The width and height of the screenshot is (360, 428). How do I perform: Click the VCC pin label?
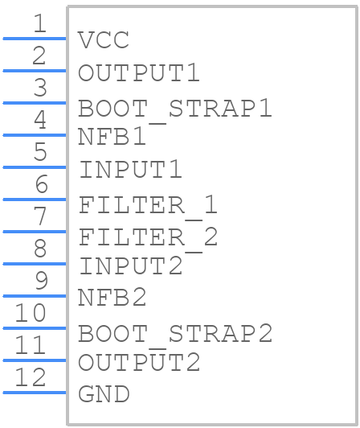pos(104,40)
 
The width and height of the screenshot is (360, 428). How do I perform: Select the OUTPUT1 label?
pos(139,73)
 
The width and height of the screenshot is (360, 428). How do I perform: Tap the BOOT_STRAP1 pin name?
pos(175,109)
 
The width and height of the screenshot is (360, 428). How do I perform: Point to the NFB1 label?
pos(112,137)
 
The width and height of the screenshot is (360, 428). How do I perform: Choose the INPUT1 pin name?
pos(131,169)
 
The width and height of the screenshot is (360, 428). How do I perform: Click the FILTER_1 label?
pos(148,205)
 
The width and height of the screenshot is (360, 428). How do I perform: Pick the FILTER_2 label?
pos(148,238)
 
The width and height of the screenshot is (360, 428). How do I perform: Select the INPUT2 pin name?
pos(131,265)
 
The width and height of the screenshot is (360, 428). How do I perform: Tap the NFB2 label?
pos(112,298)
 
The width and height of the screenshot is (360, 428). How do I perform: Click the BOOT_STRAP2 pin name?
pos(175,335)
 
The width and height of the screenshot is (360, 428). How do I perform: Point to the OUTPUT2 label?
pos(139,362)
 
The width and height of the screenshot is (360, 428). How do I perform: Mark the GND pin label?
pos(104,394)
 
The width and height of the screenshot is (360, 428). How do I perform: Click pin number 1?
pos(40,23)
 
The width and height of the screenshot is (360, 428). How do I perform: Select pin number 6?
pos(42,184)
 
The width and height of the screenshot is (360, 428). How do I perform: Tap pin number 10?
pos(31,313)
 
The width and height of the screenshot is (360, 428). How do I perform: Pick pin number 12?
pos(31,377)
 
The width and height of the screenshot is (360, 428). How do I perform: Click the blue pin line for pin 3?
pos(35,103)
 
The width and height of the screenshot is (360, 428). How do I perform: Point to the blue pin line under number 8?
pos(35,264)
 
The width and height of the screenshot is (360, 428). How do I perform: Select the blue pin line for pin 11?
pos(35,360)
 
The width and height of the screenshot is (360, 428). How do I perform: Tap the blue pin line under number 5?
pos(35,167)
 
